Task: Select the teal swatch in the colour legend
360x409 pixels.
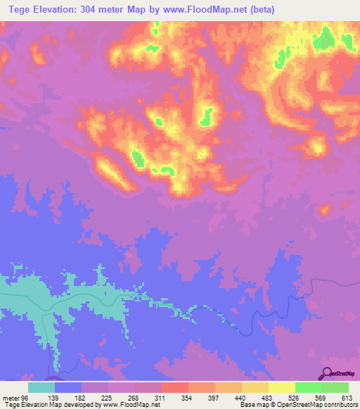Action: point(41,387)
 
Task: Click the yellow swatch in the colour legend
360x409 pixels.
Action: point(281,387)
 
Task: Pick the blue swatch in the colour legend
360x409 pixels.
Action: point(68,387)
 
